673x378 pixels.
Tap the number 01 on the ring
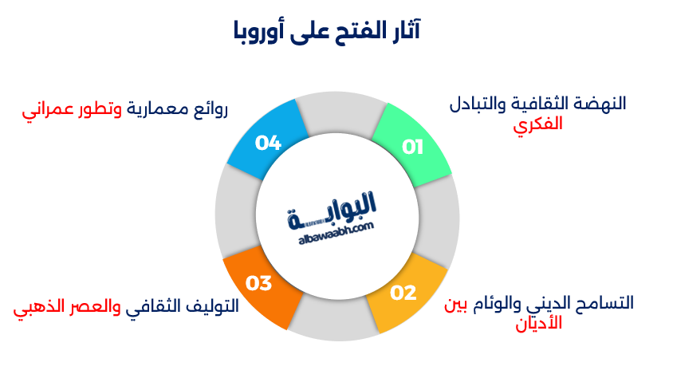[412, 147]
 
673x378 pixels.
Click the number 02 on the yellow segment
[403, 293]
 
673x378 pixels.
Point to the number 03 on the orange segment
[259, 283]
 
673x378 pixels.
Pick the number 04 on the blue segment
[268, 143]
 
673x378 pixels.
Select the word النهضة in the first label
[601, 104]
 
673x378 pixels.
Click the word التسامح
[600, 303]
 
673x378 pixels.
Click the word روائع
[211, 110]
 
